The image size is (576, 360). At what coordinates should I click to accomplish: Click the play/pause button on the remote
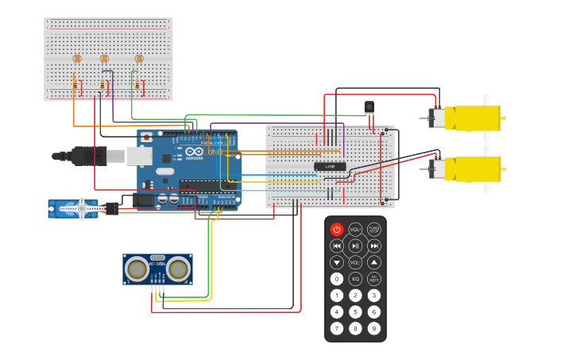(355, 246)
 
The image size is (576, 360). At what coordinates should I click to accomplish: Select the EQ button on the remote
(355, 278)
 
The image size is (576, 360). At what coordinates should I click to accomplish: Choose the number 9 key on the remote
(373, 327)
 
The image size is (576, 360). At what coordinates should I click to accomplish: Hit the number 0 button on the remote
(337, 278)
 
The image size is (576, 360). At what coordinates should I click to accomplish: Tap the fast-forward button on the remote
(373, 246)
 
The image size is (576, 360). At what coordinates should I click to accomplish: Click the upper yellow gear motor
(472, 118)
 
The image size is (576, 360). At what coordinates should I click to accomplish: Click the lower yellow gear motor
(472, 168)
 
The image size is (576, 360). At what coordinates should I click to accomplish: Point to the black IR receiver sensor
(369, 106)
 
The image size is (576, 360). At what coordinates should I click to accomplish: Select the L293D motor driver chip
(330, 166)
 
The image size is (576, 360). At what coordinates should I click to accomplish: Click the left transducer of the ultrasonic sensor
(137, 270)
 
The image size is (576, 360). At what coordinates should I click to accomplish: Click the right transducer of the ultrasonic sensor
(178, 270)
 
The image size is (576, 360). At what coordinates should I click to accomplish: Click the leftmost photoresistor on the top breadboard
(77, 58)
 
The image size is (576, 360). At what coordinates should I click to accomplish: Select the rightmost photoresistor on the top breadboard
(139, 58)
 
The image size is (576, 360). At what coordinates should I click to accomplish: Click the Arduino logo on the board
(193, 152)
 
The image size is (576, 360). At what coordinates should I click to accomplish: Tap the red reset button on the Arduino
(146, 137)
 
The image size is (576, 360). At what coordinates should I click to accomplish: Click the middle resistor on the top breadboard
(102, 83)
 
